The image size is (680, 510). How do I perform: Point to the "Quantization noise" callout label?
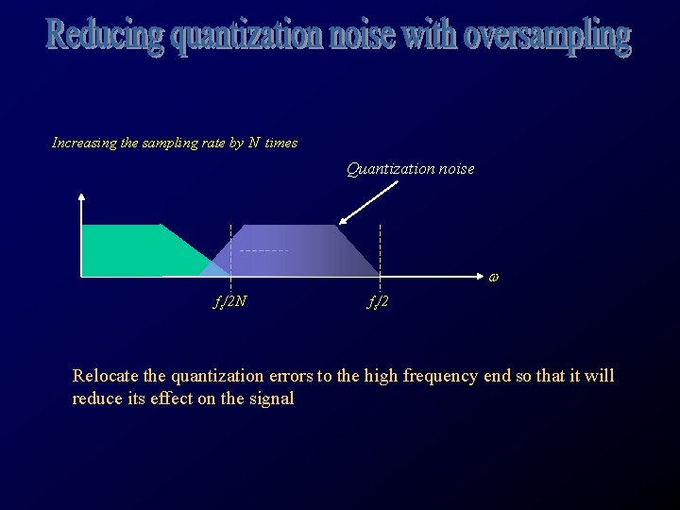click(410, 169)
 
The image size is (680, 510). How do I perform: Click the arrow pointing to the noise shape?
click(368, 202)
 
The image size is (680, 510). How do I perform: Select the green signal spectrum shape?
click(132, 249)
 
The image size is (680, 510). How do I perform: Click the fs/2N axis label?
click(230, 302)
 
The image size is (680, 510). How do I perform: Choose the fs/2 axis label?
click(379, 302)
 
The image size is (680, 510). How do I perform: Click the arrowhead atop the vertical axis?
click(82, 197)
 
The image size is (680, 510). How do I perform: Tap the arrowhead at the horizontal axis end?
click(479, 276)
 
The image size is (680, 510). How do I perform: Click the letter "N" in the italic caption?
click(254, 144)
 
